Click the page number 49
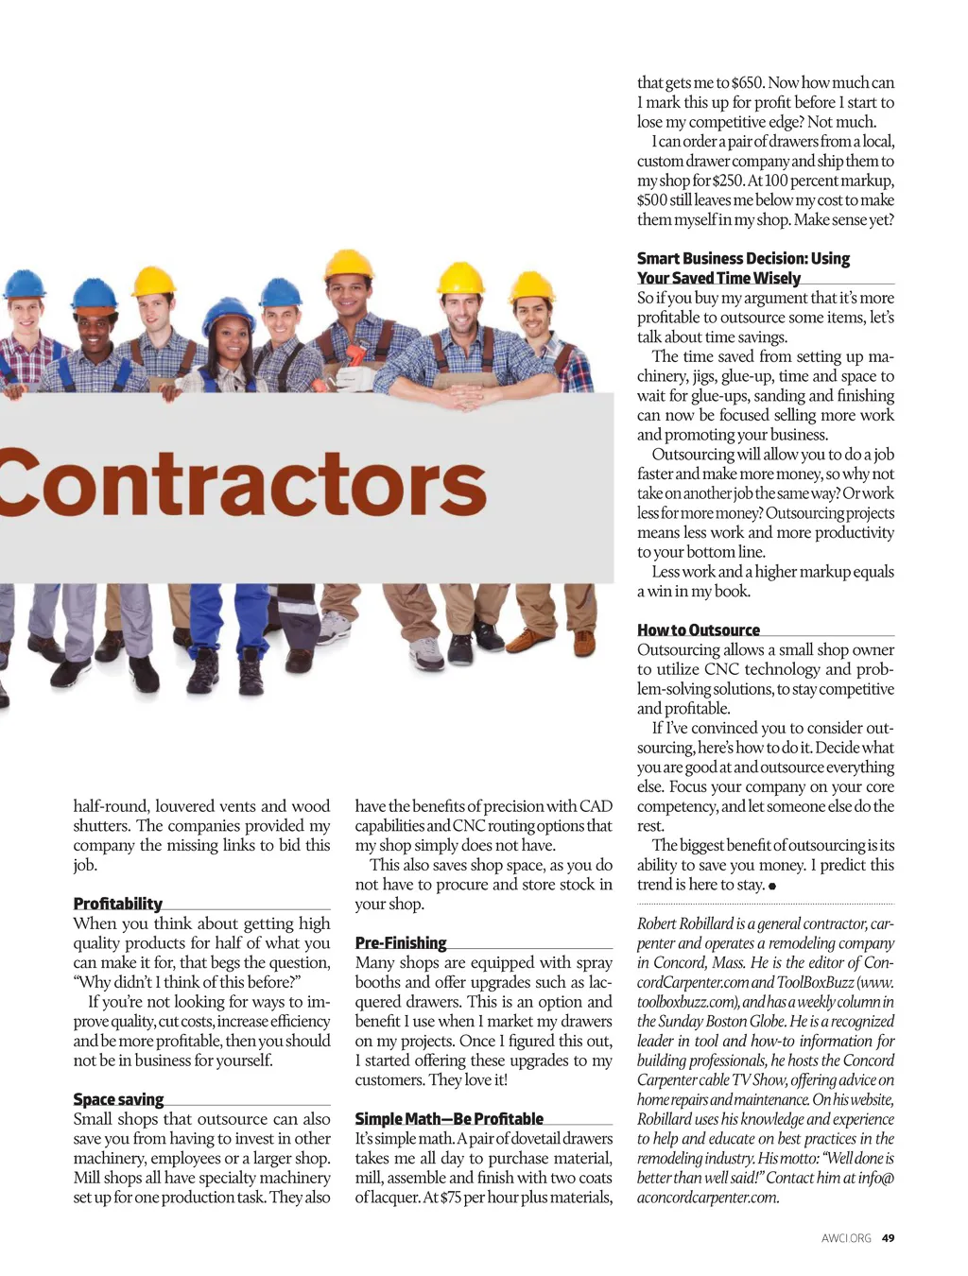click(x=888, y=1237)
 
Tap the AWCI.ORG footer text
click(x=846, y=1237)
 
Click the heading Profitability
click(x=117, y=904)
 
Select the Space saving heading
click(x=118, y=1099)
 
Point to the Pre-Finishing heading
click(x=400, y=942)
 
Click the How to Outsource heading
click(x=698, y=629)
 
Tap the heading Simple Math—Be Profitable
click(x=449, y=1118)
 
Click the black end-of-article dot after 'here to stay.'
click(x=772, y=887)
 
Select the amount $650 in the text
click(x=747, y=83)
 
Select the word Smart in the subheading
click(x=659, y=258)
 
